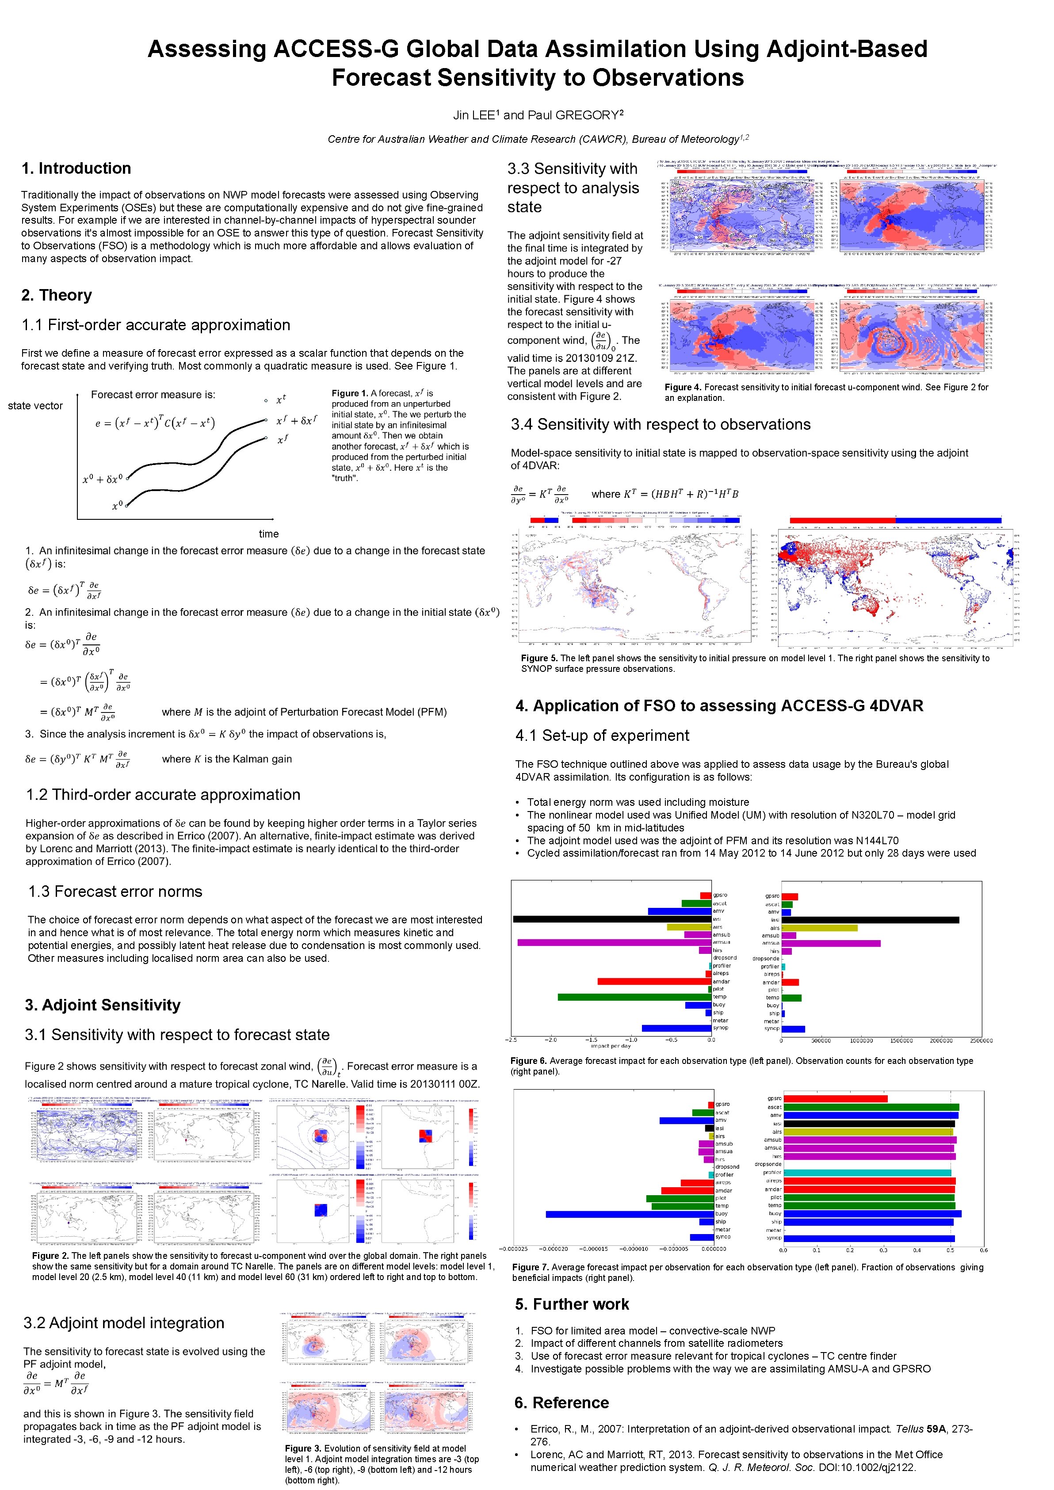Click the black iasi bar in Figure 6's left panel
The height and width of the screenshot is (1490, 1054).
coord(612,919)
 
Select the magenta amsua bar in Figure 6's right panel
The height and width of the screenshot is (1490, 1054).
coord(831,943)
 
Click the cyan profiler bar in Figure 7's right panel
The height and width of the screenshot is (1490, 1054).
coord(867,1173)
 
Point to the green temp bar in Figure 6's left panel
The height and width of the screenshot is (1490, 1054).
coord(635,997)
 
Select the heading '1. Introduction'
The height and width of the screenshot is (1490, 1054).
coord(76,169)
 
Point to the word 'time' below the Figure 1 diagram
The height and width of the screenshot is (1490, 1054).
coord(269,534)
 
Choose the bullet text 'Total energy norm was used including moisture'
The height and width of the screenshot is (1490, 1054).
coord(638,802)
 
